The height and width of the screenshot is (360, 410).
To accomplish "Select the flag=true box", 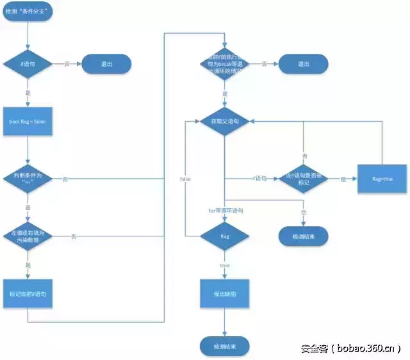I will coord(382,179).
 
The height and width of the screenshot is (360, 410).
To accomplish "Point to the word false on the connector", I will coord(186,179).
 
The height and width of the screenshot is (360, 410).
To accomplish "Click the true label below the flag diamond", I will coord(225,265).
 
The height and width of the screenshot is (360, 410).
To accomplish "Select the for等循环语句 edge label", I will coord(225,210).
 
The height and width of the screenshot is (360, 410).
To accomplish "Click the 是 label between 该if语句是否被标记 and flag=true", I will coord(343,179).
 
